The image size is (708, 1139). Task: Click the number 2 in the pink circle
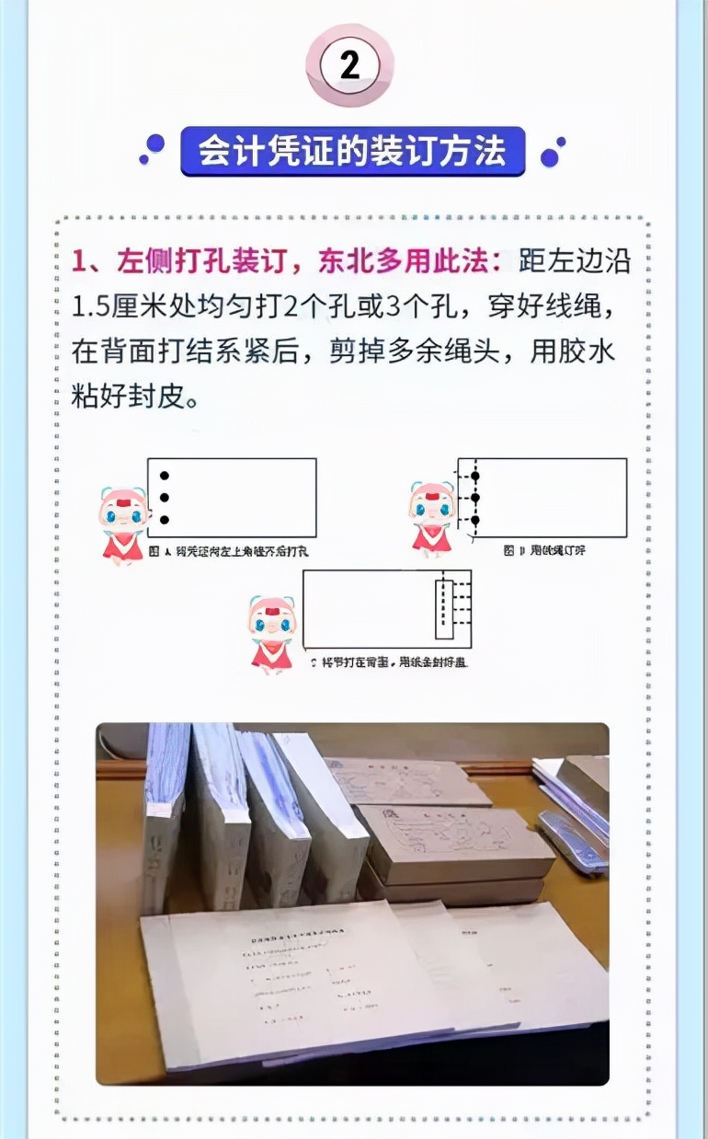click(x=349, y=65)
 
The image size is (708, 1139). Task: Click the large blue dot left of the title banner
click(x=155, y=144)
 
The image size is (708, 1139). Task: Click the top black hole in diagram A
click(x=165, y=476)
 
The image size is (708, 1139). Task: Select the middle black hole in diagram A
click(x=165, y=498)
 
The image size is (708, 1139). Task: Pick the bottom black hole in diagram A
click(x=165, y=520)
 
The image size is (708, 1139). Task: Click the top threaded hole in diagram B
click(x=475, y=476)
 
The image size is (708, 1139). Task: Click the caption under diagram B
click(x=544, y=550)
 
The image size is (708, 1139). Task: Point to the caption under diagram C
click(x=388, y=662)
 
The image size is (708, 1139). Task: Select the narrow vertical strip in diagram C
click(x=444, y=607)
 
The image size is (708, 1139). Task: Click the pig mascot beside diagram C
click(x=270, y=634)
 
